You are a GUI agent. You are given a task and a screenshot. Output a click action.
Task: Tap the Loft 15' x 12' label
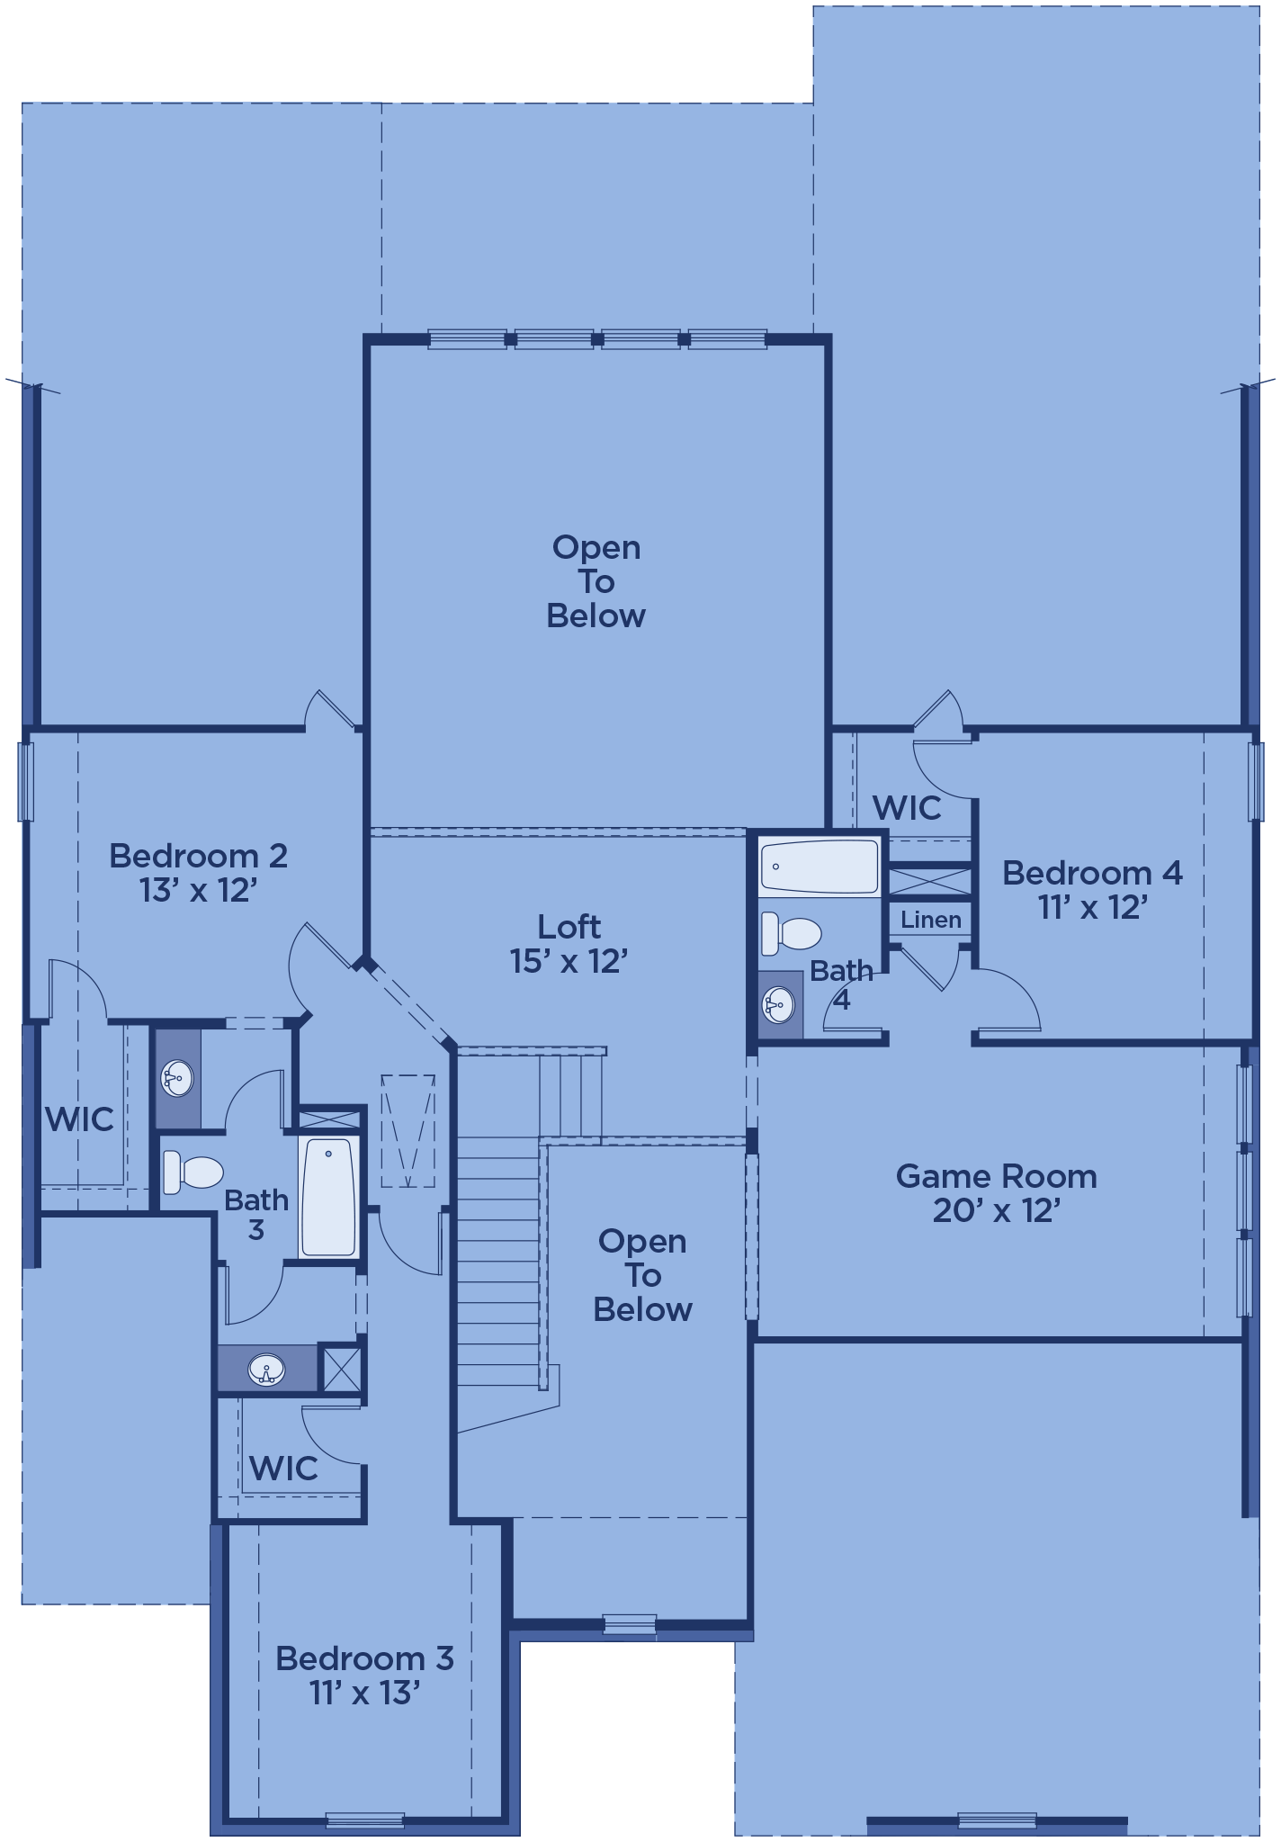[x=569, y=944]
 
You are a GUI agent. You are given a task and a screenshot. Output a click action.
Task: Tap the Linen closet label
[x=931, y=920]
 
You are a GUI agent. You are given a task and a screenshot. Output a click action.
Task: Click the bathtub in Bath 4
[x=819, y=866]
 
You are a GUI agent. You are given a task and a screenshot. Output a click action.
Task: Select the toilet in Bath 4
[x=791, y=933]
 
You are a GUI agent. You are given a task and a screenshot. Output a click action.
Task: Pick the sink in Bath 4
[x=779, y=1003]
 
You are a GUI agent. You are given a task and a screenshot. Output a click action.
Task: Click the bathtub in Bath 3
[x=329, y=1196]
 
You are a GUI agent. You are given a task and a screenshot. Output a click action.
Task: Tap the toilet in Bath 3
[x=193, y=1173]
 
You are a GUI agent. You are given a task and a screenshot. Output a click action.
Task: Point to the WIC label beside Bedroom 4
[x=907, y=808]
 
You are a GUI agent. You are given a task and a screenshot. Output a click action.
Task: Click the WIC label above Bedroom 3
[x=283, y=1469]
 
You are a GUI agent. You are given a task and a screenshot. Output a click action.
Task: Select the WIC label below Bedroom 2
[x=79, y=1119]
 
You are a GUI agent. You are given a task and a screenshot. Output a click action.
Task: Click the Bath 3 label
[x=256, y=1215]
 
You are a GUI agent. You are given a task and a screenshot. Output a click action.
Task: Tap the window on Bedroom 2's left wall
[x=26, y=781]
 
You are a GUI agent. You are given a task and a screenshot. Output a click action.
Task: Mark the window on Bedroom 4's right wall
[x=1256, y=781]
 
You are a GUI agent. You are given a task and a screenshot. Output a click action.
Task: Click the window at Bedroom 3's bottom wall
[x=364, y=1820]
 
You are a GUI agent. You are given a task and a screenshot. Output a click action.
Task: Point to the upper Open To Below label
[x=596, y=581]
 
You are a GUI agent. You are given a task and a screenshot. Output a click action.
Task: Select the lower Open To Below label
[x=642, y=1275]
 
